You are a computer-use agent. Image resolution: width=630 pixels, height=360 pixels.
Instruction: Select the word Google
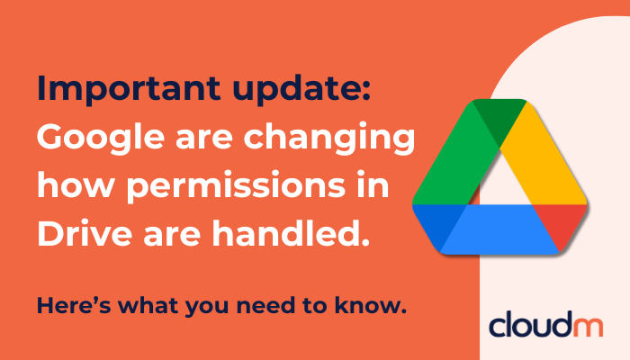click(98, 139)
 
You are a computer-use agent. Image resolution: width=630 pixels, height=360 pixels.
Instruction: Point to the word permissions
click(237, 189)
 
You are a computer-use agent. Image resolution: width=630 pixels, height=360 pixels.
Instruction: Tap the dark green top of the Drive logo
click(493, 110)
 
